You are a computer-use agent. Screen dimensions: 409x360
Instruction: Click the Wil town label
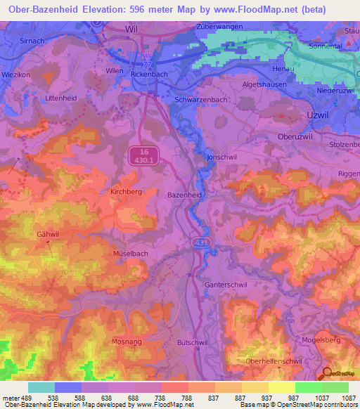click(x=131, y=30)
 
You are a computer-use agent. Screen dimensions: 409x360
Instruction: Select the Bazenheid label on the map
click(x=184, y=193)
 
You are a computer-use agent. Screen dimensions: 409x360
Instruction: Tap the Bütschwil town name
click(x=189, y=342)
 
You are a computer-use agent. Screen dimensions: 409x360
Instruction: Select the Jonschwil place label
click(x=222, y=157)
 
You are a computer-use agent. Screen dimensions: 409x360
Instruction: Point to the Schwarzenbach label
click(x=200, y=100)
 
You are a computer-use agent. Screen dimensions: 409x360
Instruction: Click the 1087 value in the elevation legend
click(x=347, y=397)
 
